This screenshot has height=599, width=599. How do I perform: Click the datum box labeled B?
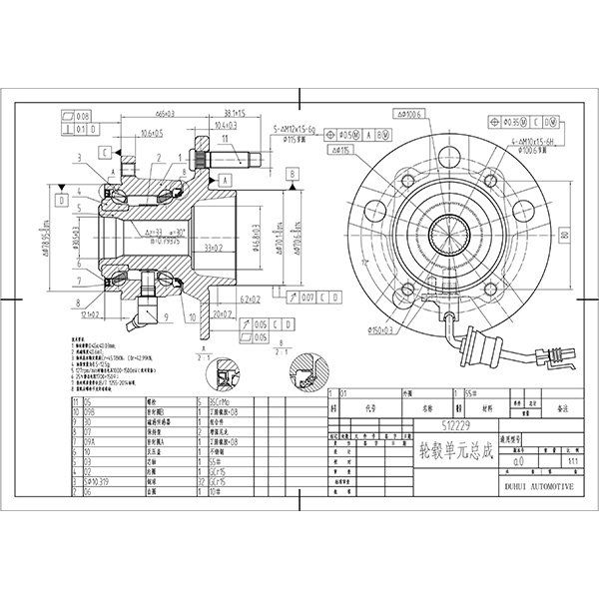(x=292, y=173)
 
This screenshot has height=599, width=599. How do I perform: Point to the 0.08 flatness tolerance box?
(x=80, y=116)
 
